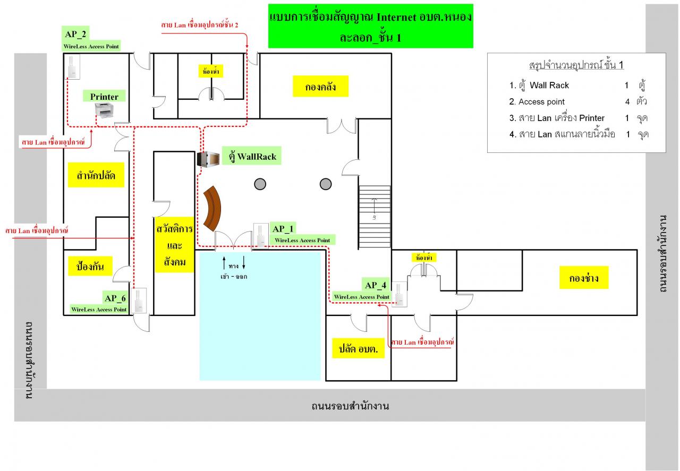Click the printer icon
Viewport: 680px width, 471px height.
point(104,110)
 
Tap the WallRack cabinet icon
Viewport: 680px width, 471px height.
point(208,159)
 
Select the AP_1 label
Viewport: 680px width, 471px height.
point(283,228)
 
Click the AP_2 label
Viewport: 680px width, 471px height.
point(75,33)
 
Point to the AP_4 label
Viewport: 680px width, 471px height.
point(376,285)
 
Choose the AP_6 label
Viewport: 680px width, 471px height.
point(115,298)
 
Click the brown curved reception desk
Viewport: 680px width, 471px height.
point(212,209)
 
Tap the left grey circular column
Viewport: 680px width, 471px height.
point(260,184)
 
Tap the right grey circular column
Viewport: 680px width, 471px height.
point(326,184)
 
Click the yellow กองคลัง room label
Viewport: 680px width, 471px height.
point(320,87)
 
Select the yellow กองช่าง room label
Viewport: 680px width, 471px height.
point(584,278)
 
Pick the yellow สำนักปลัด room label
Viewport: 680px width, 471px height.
point(96,175)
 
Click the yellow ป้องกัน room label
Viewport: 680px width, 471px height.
point(90,266)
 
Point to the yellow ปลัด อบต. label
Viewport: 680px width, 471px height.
point(358,348)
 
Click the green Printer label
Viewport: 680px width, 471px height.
point(104,96)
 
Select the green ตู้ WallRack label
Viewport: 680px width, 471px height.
point(252,156)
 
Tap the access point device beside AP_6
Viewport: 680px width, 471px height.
point(139,301)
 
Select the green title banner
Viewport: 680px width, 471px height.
point(371,26)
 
